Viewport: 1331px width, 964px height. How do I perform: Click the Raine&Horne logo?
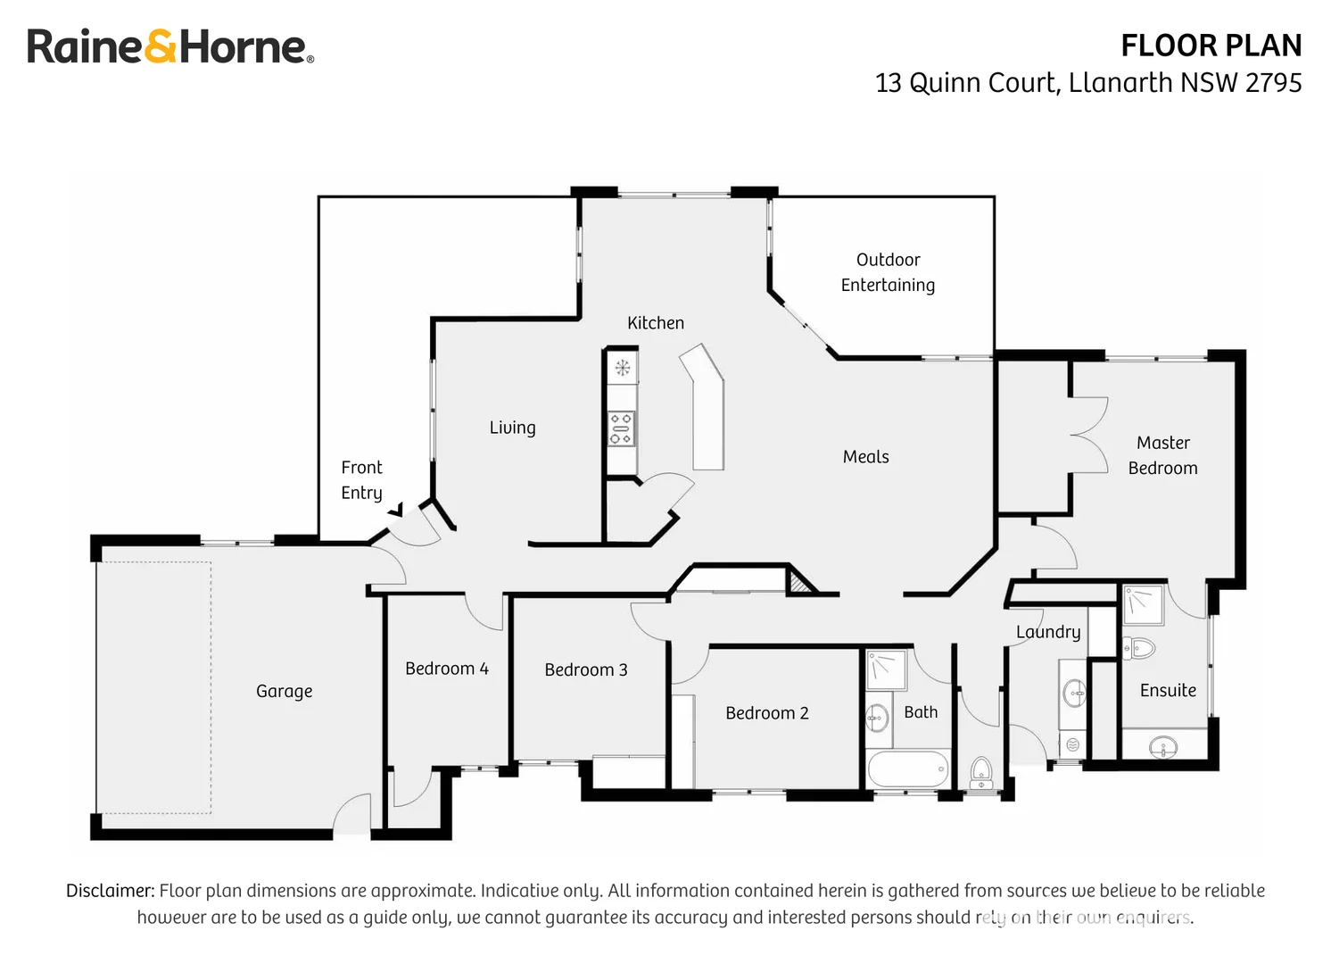click(169, 46)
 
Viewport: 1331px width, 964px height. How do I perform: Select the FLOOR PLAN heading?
click(1211, 46)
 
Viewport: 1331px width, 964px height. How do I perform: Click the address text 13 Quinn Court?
click(967, 83)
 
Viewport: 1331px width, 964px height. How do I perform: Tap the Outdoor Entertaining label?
click(888, 272)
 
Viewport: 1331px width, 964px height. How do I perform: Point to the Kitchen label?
click(655, 323)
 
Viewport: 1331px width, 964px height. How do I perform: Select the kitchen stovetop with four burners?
click(621, 428)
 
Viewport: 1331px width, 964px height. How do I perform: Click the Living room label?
click(512, 428)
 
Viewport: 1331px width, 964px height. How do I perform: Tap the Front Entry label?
click(361, 480)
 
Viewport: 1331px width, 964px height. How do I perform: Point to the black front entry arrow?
click(395, 510)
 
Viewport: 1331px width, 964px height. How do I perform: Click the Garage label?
click(284, 691)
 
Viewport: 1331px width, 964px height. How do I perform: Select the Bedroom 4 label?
click(446, 669)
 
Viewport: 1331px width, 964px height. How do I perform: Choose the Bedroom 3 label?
click(585, 669)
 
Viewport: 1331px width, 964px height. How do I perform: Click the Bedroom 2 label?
click(766, 713)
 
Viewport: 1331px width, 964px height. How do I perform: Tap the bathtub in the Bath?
click(908, 769)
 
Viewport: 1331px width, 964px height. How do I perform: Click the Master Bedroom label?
click(1162, 455)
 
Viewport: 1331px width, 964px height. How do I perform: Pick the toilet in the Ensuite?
click(1139, 647)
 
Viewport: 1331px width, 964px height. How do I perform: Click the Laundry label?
click(1047, 632)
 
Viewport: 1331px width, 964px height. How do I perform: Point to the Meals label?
click(865, 457)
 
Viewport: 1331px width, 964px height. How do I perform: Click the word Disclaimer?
click(110, 891)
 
